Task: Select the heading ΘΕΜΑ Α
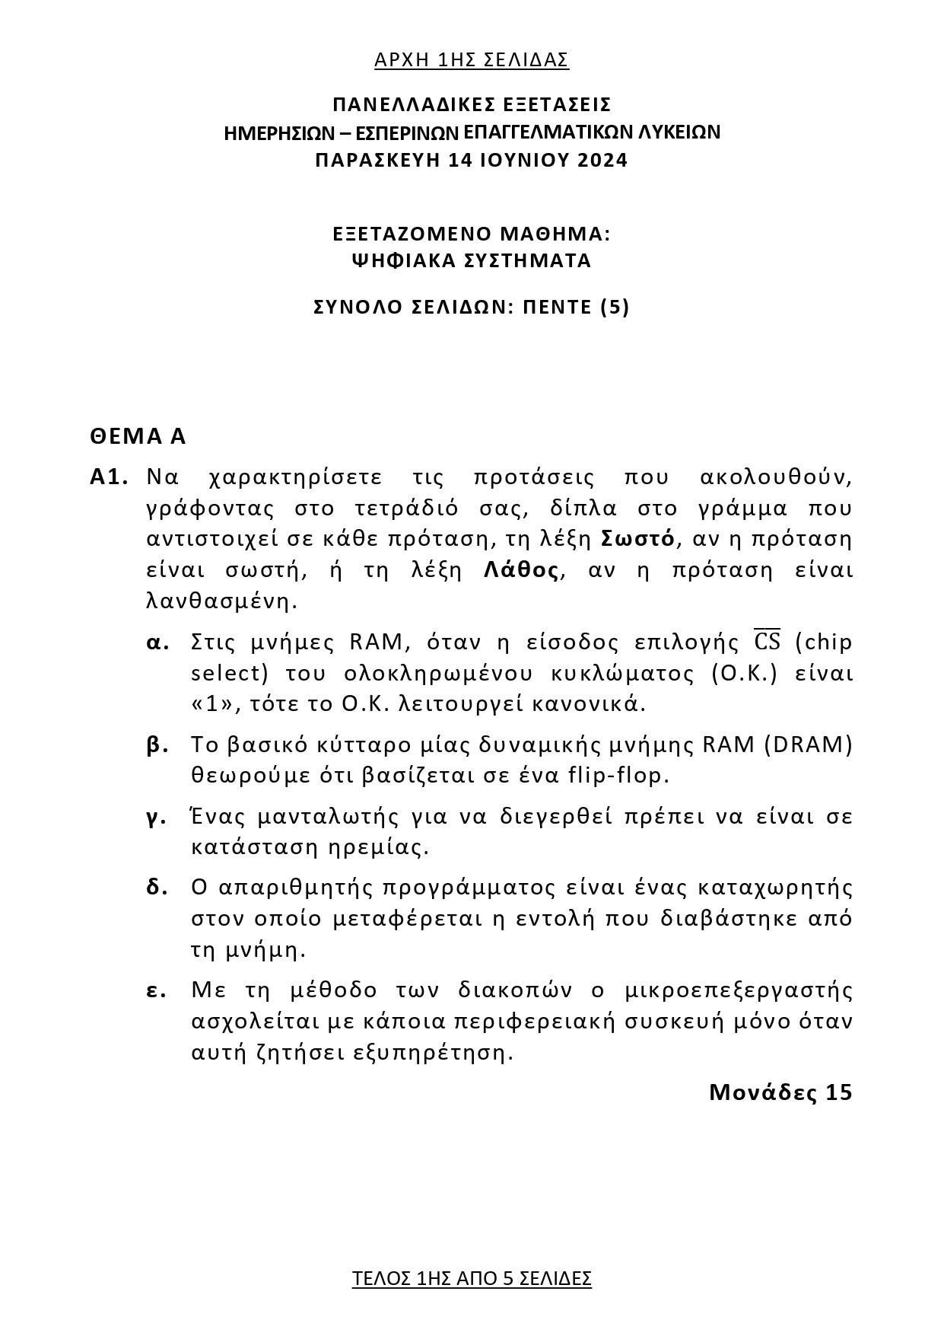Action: tap(138, 436)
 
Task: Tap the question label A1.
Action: tap(108, 477)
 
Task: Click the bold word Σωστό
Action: tap(637, 539)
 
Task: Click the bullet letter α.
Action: tap(157, 642)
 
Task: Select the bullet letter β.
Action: tap(157, 745)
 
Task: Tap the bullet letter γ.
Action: tap(156, 817)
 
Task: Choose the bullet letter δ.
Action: tap(157, 888)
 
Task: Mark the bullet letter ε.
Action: tap(156, 990)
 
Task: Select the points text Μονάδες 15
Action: tap(780, 1092)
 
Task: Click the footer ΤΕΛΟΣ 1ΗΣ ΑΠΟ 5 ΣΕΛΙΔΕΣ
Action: tap(472, 1278)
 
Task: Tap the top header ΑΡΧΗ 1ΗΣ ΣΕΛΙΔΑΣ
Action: tap(472, 60)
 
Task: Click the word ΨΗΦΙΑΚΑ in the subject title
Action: tap(402, 261)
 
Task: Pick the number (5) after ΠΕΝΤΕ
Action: tap(615, 308)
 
